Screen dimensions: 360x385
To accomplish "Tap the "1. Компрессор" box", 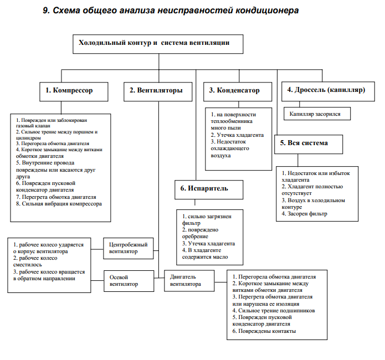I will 69,90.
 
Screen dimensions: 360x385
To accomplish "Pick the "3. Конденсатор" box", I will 234,90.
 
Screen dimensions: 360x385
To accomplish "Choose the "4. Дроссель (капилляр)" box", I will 326,90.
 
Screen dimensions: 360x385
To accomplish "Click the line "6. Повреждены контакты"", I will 264,331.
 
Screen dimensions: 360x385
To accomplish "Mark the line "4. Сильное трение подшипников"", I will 274,311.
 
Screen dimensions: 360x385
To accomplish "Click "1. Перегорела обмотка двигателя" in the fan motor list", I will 274,276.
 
